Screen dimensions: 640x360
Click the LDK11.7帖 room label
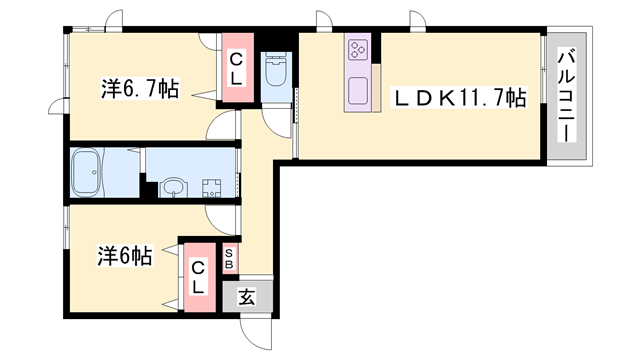(x=458, y=98)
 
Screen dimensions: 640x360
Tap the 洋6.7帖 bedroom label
(x=140, y=89)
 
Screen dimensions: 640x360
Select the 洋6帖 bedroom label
(x=124, y=256)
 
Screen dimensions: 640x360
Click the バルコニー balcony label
(x=567, y=96)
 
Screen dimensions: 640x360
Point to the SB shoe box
(x=230, y=259)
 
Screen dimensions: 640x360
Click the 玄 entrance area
(x=247, y=297)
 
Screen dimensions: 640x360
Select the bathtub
(x=86, y=172)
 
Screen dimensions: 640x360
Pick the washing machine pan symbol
(x=211, y=188)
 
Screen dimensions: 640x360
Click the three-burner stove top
(x=358, y=49)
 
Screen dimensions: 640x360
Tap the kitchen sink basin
(x=358, y=90)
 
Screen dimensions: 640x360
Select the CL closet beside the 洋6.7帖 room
(x=238, y=67)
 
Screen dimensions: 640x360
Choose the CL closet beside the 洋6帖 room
(x=200, y=278)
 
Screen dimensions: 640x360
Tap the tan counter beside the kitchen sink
(x=376, y=87)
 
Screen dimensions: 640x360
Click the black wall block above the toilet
(x=276, y=41)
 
